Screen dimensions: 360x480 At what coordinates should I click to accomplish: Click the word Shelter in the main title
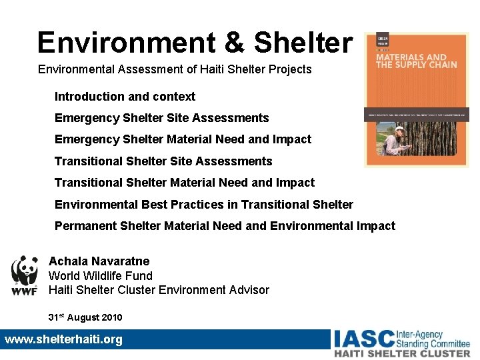click(x=303, y=42)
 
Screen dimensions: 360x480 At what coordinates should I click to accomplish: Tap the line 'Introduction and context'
click(x=125, y=97)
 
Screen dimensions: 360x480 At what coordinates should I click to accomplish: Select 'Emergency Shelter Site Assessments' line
click(x=161, y=118)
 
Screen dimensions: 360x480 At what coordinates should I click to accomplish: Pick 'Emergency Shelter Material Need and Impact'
click(x=183, y=139)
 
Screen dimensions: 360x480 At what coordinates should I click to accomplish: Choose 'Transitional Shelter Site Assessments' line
click(x=163, y=161)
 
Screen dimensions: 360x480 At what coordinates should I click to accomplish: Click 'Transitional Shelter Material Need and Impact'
click(x=184, y=182)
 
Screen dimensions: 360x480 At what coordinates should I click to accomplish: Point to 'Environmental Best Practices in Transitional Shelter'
click(x=203, y=204)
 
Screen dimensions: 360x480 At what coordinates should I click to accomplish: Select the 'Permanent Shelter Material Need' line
click(x=225, y=226)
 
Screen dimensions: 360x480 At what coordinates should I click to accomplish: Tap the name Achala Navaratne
click(x=99, y=261)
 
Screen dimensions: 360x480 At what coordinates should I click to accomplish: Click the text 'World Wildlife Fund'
click(x=100, y=275)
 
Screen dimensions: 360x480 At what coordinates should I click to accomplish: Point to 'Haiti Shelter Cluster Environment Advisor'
click(x=159, y=290)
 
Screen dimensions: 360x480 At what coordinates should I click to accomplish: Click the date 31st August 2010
click(x=85, y=317)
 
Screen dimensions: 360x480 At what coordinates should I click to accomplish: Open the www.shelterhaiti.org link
click(x=64, y=339)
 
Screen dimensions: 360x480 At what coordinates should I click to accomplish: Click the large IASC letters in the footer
click(x=363, y=339)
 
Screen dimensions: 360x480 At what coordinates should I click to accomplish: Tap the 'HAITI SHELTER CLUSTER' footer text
click(x=402, y=353)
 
